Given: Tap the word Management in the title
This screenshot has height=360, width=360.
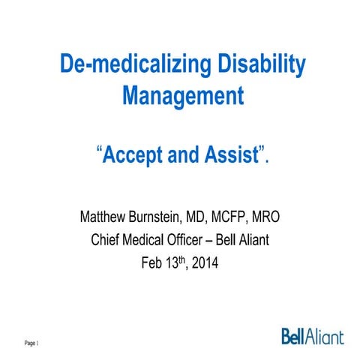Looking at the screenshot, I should (181, 97).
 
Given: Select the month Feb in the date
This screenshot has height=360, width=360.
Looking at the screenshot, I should (153, 263).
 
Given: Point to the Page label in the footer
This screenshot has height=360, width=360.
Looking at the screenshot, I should (31, 343).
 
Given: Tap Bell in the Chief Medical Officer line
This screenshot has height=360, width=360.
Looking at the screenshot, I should (238, 241).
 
